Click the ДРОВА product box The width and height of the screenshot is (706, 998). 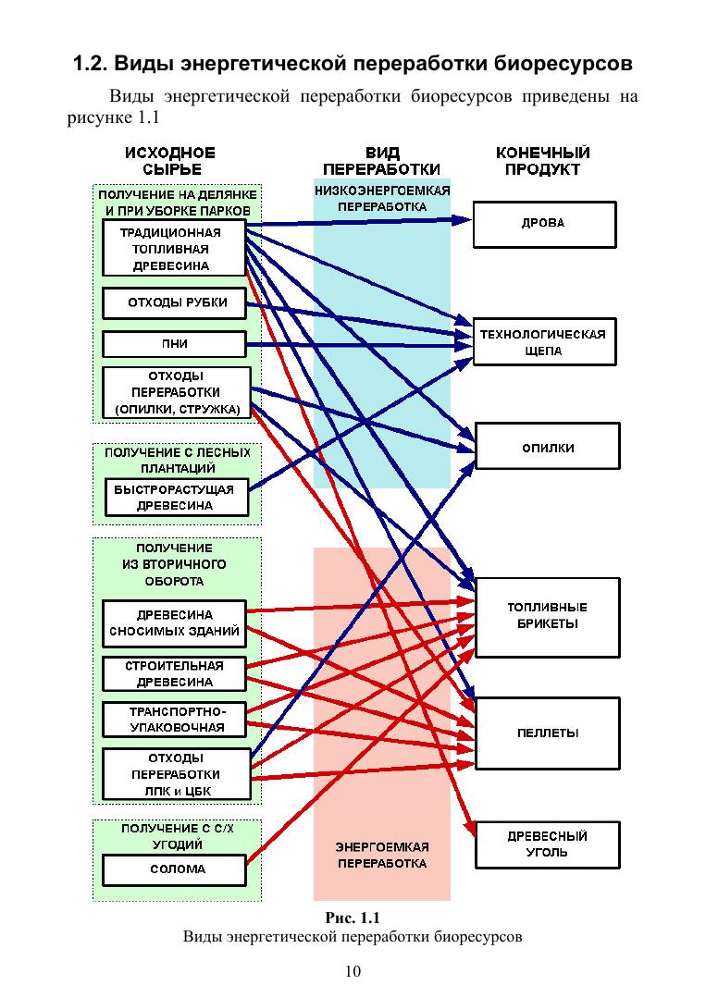coord(544,225)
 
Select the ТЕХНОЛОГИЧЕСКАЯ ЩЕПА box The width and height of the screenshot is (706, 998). coord(544,342)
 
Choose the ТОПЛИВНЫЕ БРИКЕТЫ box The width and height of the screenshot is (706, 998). coord(547,616)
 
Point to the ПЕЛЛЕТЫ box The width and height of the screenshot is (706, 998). coord(547,733)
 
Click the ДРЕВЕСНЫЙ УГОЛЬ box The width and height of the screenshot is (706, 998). coord(547,844)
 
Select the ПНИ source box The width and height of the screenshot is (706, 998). coord(174,344)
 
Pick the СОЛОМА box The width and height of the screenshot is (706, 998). coord(174,869)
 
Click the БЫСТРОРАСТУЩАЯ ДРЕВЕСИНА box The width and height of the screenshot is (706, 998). coord(177,498)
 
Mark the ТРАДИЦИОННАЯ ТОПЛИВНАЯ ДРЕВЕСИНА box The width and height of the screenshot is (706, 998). coord(175,248)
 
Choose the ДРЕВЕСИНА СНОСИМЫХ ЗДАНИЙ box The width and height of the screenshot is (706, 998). coord(174,624)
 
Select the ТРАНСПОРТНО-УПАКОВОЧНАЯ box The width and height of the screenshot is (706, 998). coord(174,720)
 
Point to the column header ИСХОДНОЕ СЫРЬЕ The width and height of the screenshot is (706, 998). coord(170,161)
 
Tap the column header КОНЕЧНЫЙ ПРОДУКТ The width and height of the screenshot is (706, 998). coord(542,161)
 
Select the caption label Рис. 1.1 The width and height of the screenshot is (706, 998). coord(353,918)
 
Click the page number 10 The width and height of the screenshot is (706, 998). coord(353,971)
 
